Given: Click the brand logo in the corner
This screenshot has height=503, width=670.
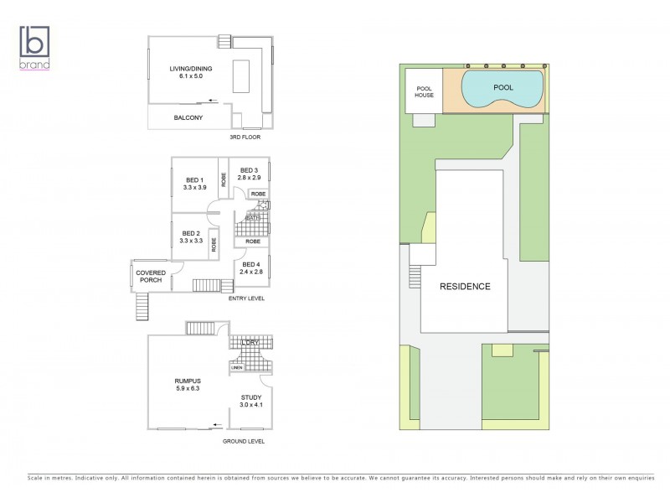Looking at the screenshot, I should [35, 47].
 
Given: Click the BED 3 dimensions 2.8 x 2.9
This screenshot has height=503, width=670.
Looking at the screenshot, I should [250, 179].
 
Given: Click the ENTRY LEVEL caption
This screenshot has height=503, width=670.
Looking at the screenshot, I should [247, 297].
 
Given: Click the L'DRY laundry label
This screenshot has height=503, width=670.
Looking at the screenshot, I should [250, 343].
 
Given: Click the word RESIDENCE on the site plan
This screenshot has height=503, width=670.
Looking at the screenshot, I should [466, 286].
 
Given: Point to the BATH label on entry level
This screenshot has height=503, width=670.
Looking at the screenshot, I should [252, 217].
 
